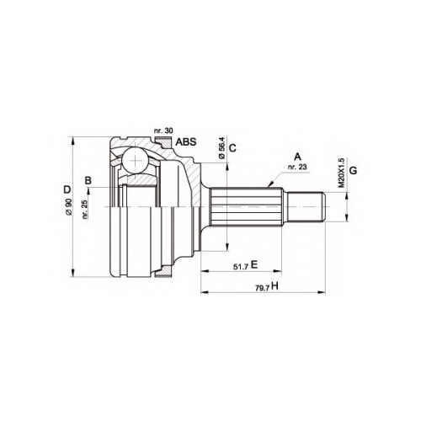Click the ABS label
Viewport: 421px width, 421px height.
(x=186, y=142)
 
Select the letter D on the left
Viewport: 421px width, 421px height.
(x=67, y=190)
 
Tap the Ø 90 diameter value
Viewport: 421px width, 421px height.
(x=69, y=207)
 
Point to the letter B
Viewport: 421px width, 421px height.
(x=88, y=180)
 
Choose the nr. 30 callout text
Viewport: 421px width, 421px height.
(x=163, y=131)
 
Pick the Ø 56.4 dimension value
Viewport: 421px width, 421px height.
(x=221, y=148)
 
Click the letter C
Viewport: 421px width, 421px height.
(x=232, y=147)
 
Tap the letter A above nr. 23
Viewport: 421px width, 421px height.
(x=297, y=156)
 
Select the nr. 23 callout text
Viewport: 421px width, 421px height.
(x=297, y=167)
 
